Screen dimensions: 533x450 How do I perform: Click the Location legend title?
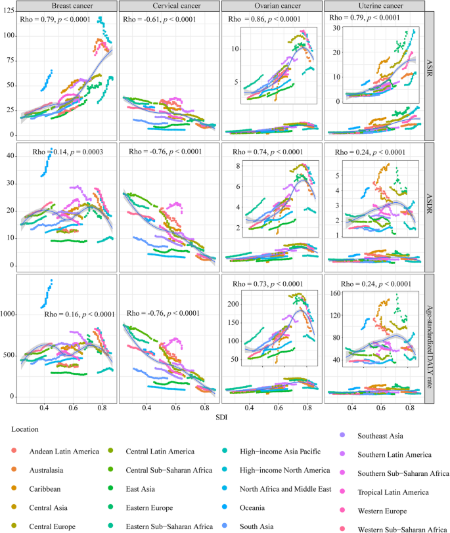pyautogui.click(x=26, y=429)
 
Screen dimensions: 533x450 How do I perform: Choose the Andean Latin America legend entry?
pyautogui.click(x=63, y=451)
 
